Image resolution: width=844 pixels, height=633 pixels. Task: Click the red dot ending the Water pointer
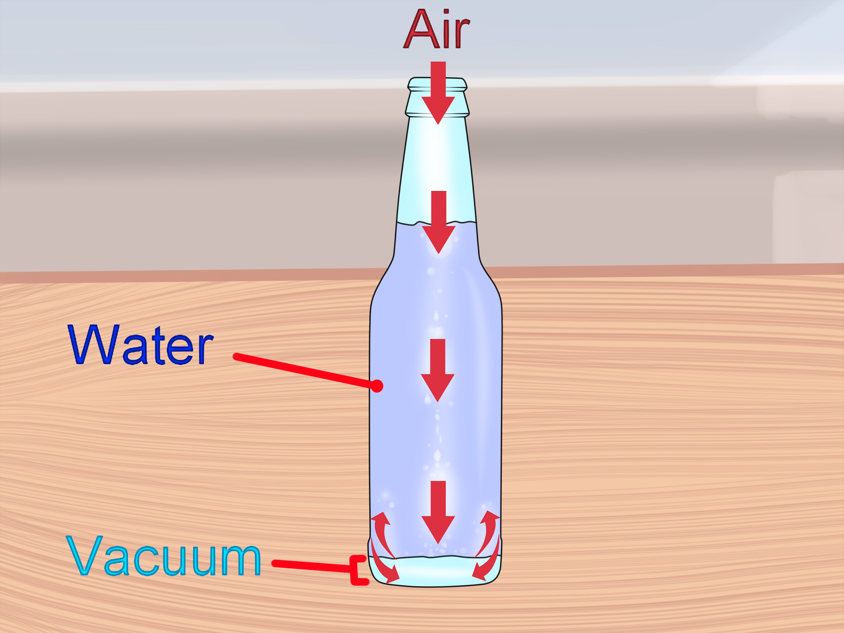pyautogui.click(x=377, y=386)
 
